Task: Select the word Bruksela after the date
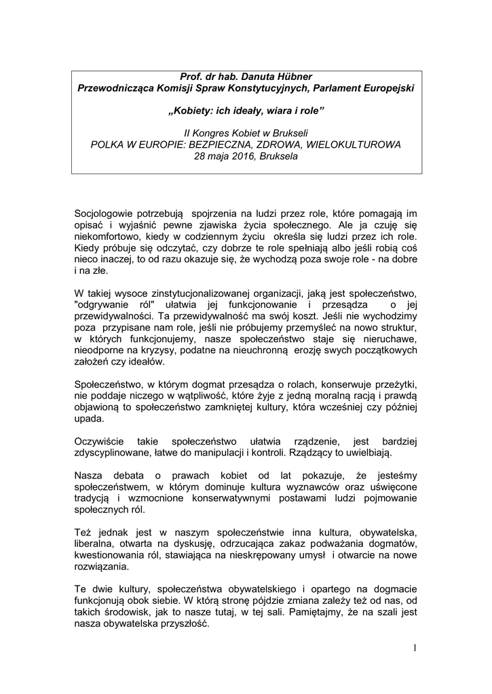(x=278, y=156)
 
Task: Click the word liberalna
(x=94, y=543)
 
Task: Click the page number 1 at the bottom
(x=414, y=649)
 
